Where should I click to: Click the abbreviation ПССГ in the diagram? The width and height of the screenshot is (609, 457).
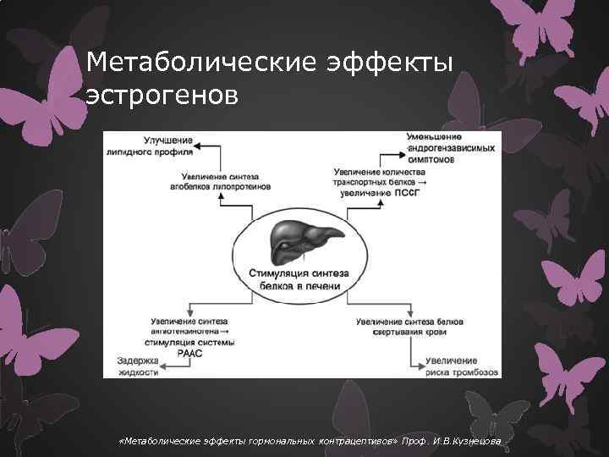pos(404,192)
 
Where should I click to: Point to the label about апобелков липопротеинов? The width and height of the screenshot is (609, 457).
pos(220,181)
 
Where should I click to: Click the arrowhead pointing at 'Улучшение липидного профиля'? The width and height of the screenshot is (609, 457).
pos(200,146)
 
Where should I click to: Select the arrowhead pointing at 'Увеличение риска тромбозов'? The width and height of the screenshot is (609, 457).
pos(417,366)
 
